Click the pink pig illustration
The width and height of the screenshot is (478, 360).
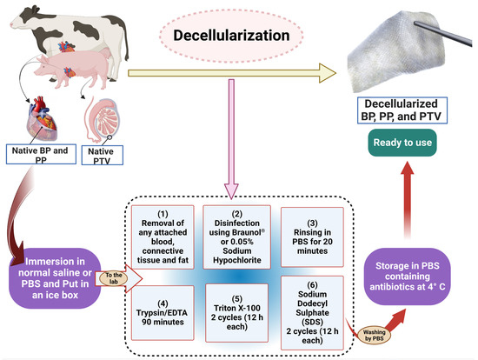tap(96, 63)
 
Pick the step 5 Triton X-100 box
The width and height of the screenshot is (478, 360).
tap(236, 308)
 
